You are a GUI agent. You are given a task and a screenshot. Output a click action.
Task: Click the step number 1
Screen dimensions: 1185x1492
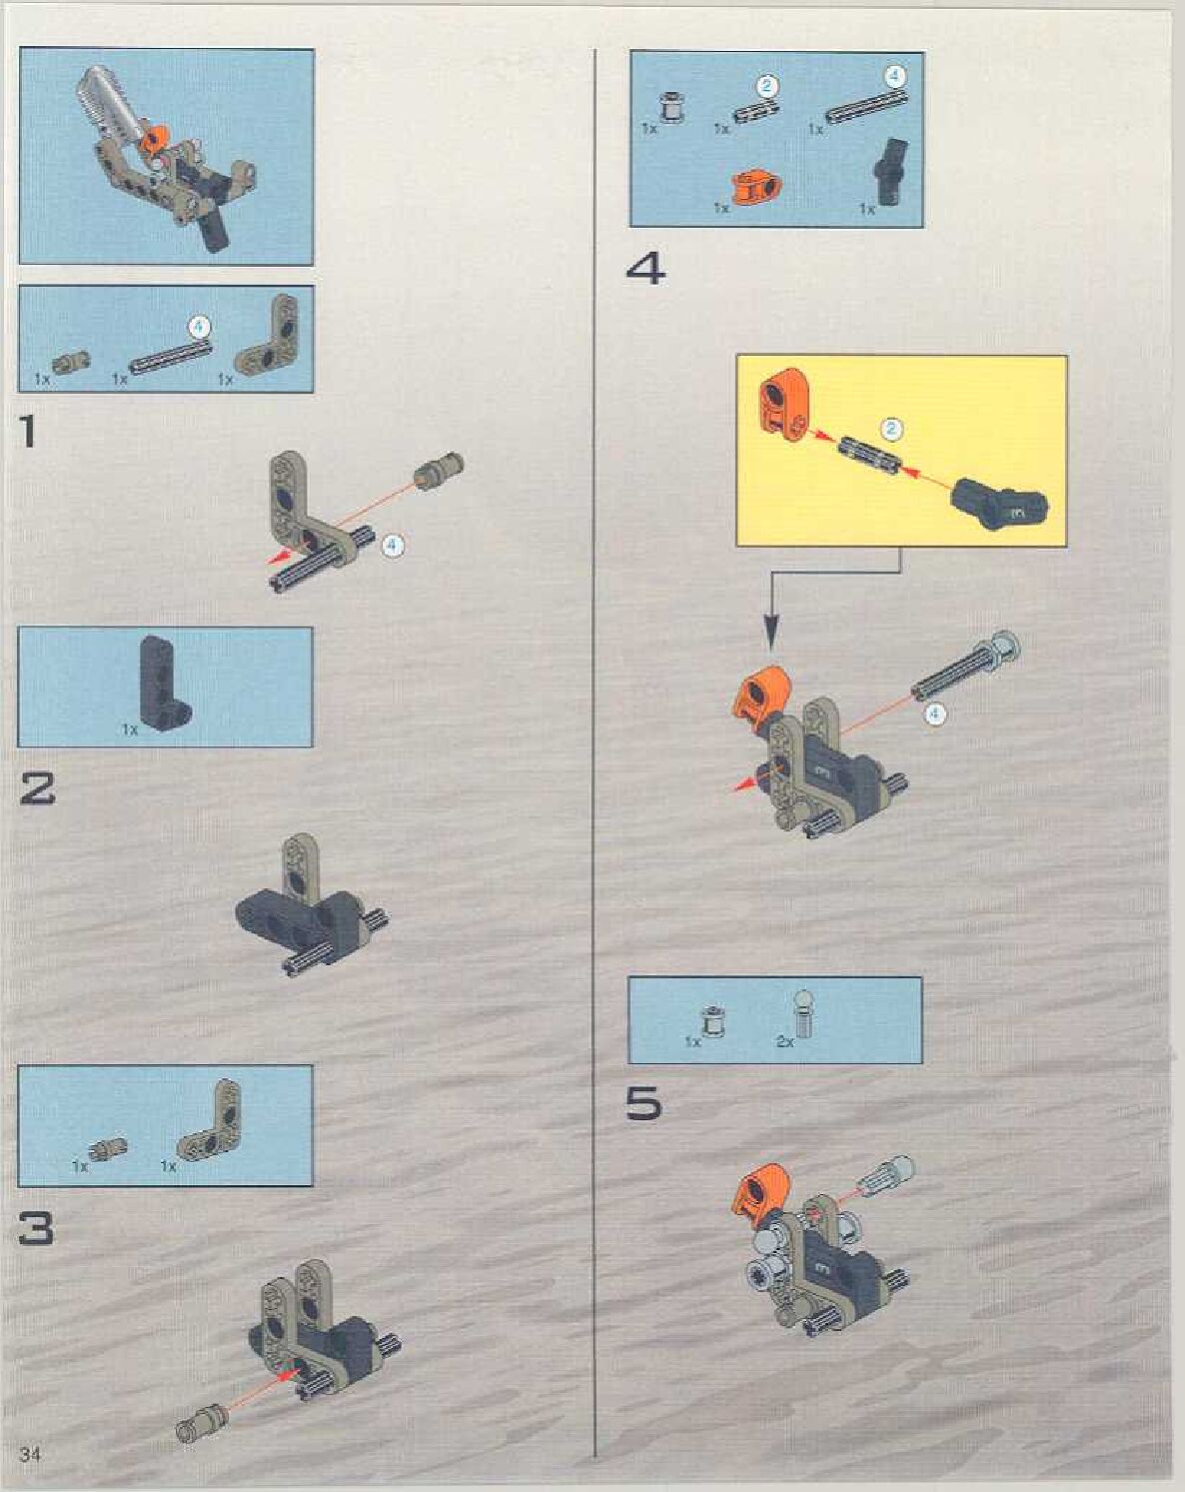click(27, 431)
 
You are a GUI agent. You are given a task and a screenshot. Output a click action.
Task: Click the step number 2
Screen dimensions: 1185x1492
click(37, 789)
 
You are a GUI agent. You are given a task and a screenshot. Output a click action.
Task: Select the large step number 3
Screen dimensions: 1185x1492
click(37, 1228)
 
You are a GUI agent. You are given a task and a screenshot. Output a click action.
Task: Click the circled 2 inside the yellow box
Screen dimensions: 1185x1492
click(891, 429)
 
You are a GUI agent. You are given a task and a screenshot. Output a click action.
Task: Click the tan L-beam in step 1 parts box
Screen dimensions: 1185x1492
click(267, 340)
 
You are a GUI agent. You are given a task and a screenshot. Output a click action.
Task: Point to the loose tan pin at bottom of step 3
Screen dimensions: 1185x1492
click(201, 1406)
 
